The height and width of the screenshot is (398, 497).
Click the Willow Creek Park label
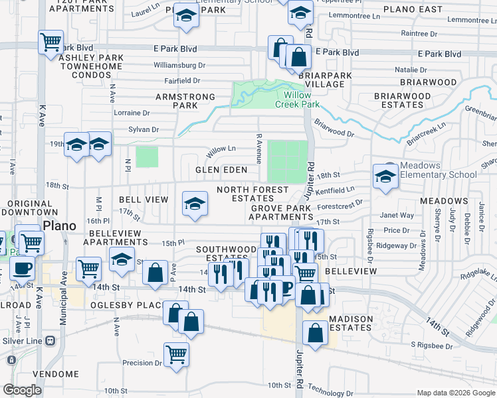[x=297, y=99]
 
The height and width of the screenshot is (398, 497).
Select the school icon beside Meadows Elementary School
[x=385, y=176]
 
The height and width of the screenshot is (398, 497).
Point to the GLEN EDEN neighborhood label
[x=221, y=170]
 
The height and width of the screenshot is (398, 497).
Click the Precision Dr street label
[x=142, y=363]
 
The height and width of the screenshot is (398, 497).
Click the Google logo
[x=23, y=390]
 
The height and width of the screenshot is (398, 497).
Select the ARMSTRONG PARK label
[x=185, y=101]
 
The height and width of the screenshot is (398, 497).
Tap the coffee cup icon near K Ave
[x=22, y=269]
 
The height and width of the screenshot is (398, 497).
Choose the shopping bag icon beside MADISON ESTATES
[x=315, y=332]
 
